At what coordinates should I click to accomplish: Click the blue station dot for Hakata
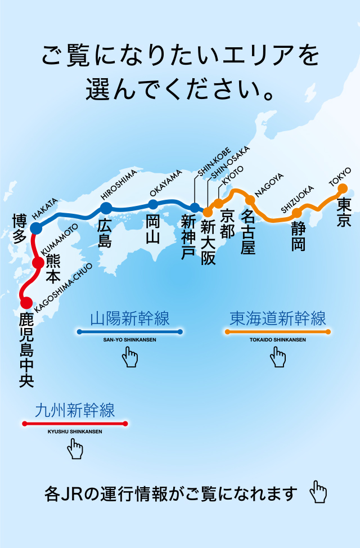(x=36, y=228)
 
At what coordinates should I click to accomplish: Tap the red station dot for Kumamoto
(x=38, y=262)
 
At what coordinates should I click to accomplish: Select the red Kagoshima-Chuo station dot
(x=26, y=303)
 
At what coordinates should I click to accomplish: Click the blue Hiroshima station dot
(x=106, y=208)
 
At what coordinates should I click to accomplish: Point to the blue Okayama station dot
(x=153, y=205)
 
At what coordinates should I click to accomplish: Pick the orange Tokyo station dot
(x=342, y=188)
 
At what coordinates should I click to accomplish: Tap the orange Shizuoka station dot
(x=296, y=213)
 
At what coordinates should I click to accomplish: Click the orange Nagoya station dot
(x=250, y=200)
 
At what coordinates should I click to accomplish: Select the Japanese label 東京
(x=343, y=211)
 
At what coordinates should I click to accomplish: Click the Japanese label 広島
(x=105, y=233)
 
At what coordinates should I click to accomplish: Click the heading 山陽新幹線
(x=130, y=319)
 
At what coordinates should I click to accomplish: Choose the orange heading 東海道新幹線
(x=278, y=319)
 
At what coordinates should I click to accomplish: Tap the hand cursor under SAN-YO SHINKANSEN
(x=130, y=357)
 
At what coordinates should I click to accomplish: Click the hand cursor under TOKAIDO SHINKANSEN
(x=278, y=357)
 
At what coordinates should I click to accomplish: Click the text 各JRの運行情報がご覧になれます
(x=171, y=495)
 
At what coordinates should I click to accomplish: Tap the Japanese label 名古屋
(x=248, y=231)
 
